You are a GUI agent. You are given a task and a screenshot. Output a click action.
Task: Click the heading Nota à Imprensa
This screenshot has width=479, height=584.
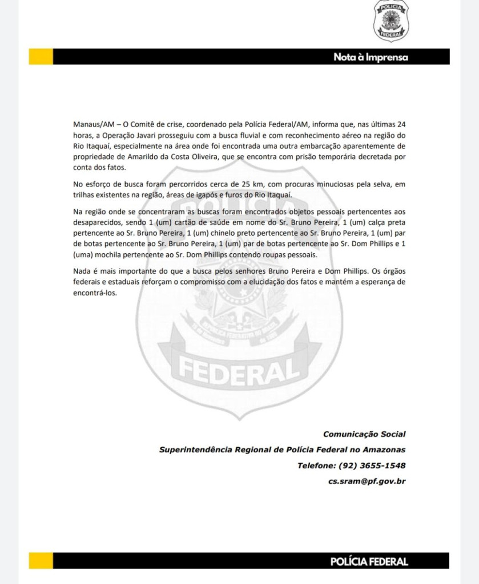tap(371, 57)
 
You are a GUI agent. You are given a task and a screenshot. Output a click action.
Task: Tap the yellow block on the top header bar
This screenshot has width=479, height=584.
tap(41, 56)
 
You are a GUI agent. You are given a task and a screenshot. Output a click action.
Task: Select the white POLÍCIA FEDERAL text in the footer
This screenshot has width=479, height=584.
tap(369, 562)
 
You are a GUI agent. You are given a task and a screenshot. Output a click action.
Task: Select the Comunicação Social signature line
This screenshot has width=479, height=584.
tap(364, 435)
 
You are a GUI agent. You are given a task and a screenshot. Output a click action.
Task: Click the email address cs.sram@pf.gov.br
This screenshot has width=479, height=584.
tap(367, 481)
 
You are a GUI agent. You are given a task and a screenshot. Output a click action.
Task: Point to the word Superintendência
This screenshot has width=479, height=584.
tap(196, 450)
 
